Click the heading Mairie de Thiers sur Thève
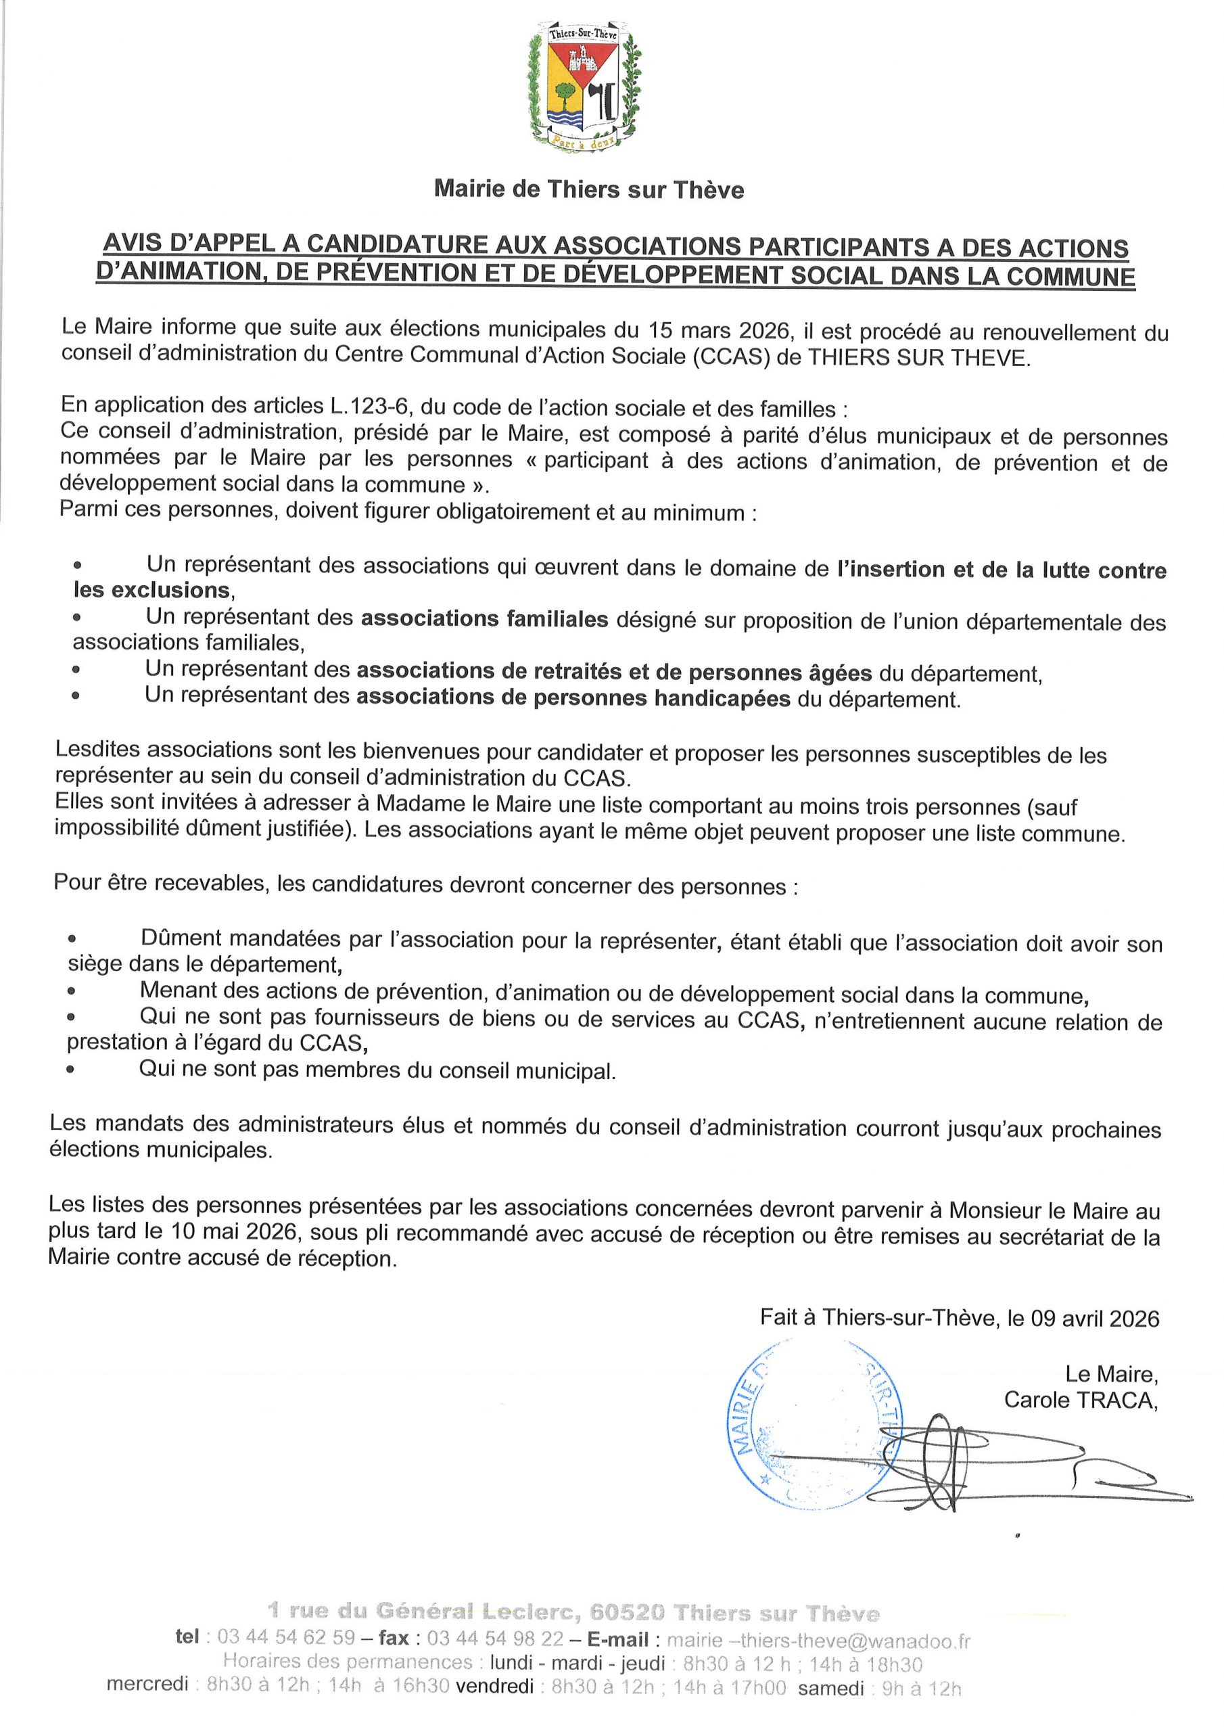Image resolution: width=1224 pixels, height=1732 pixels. click(x=588, y=189)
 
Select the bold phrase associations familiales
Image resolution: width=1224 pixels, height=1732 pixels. click(x=484, y=618)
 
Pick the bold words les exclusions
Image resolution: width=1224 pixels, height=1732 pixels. click(x=151, y=589)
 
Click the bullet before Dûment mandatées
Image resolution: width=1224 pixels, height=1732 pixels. click(x=72, y=939)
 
